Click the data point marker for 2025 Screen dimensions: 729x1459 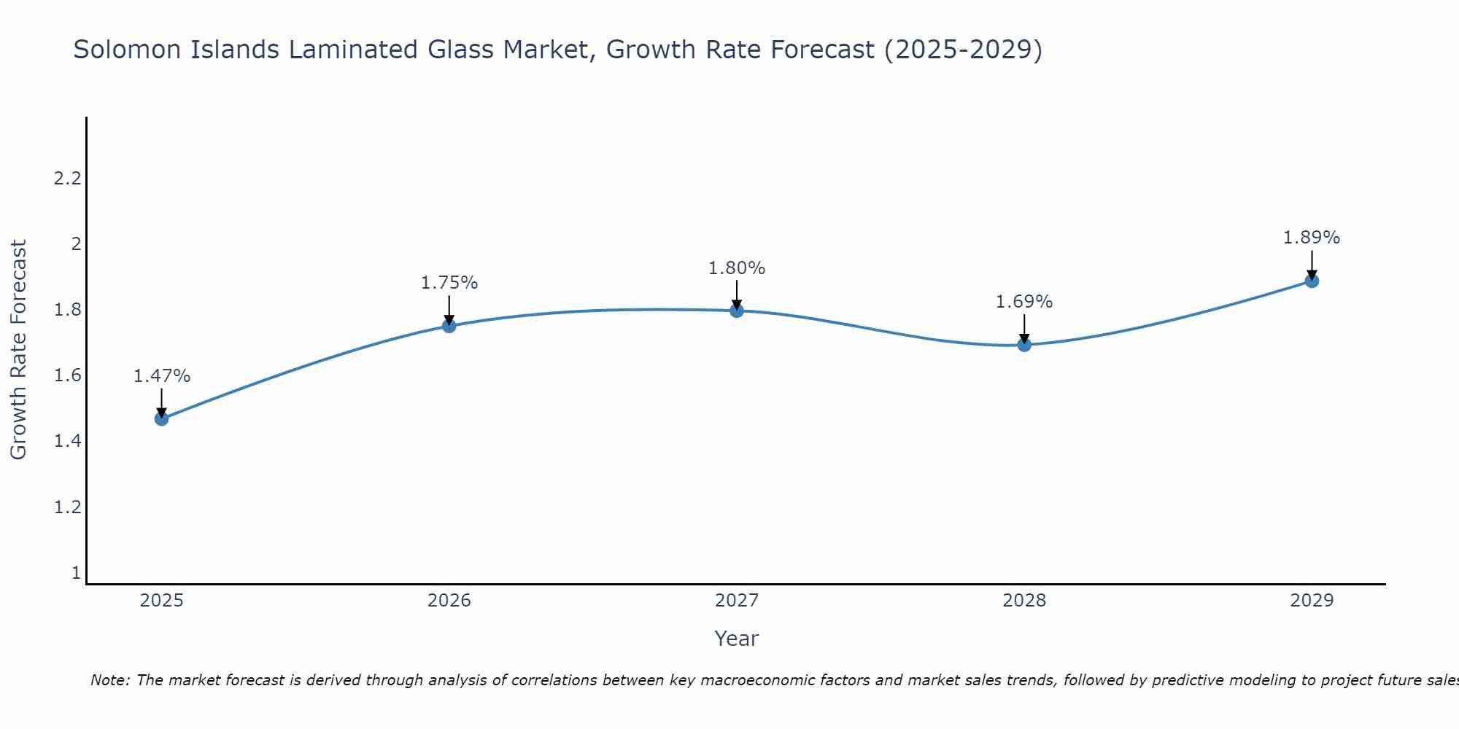(162, 418)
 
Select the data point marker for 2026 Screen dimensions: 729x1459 (449, 326)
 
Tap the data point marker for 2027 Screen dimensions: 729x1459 (737, 311)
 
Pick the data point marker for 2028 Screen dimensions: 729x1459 (1024, 345)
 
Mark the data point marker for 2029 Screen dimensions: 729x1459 (1312, 281)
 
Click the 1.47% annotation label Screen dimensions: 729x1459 (162, 376)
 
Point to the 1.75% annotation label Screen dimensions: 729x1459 (449, 283)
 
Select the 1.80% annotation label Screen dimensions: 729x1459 (737, 268)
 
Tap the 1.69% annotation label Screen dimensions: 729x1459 (1024, 302)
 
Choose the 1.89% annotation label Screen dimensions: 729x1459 (1312, 238)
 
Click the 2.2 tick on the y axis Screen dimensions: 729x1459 (67, 178)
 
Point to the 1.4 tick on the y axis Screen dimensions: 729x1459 (67, 441)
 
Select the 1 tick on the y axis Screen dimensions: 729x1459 (76, 573)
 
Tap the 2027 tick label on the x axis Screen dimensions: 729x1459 (737, 601)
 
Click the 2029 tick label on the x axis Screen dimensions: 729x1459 (1312, 601)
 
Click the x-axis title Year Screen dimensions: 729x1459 (737, 639)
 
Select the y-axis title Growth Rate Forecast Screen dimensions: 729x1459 (19, 350)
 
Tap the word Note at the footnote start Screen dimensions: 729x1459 (109, 680)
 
